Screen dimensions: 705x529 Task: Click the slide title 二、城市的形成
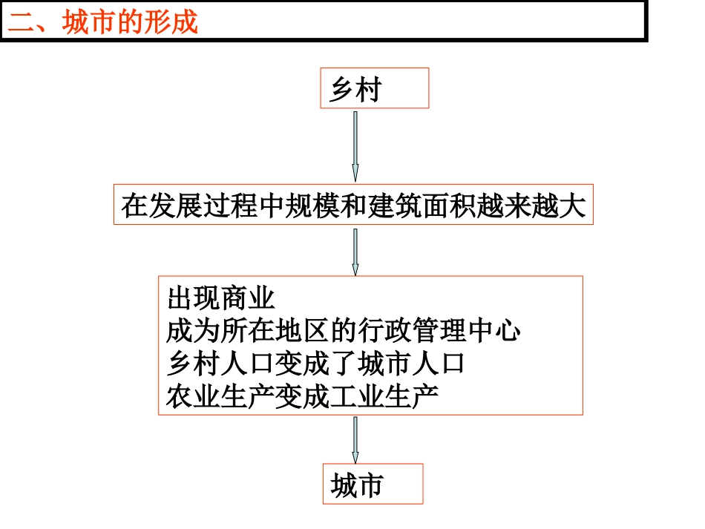click(x=103, y=22)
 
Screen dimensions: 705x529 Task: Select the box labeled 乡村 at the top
click(x=374, y=88)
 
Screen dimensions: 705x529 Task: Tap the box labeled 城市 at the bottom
click(x=373, y=484)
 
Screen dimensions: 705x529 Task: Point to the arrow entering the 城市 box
click(x=355, y=439)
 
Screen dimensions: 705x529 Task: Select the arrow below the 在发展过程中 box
click(x=355, y=252)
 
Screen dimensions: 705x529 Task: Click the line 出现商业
click(x=221, y=299)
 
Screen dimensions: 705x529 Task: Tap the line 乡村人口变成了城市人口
click(x=316, y=364)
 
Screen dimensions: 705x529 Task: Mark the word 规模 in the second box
click(x=315, y=206)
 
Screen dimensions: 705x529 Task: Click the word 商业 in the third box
click(x=248, y=299)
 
